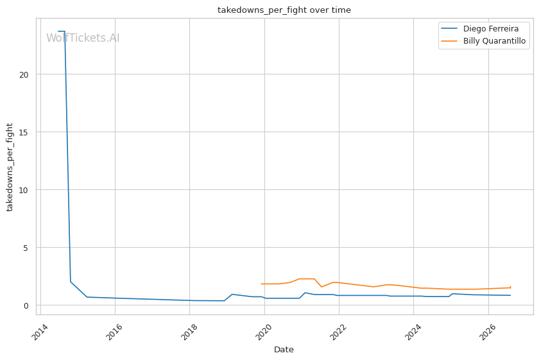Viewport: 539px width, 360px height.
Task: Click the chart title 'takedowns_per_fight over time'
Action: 284,10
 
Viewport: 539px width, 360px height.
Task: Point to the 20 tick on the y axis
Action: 24,74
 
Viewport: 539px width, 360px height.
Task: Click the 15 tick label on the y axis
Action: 24,132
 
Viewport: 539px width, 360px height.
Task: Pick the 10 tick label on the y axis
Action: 24,190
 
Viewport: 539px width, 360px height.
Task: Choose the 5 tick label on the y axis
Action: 26,248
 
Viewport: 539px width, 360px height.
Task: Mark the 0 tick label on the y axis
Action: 26,305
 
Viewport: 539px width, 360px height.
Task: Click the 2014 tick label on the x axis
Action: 40,330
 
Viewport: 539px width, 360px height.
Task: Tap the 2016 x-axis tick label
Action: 114,330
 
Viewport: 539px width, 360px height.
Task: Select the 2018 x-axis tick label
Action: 189,330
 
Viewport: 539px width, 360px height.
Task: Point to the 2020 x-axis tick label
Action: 264,330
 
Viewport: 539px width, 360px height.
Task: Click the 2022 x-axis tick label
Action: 338,330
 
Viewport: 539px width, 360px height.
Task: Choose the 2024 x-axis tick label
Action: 413,330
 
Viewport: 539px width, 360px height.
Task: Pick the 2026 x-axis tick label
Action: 488,330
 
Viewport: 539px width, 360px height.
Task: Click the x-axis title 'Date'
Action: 284,350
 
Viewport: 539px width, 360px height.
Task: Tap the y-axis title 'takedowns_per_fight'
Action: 10,167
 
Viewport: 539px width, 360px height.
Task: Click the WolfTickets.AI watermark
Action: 83,38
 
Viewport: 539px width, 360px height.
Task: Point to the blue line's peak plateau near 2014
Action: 61,31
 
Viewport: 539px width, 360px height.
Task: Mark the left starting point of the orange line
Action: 262,284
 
